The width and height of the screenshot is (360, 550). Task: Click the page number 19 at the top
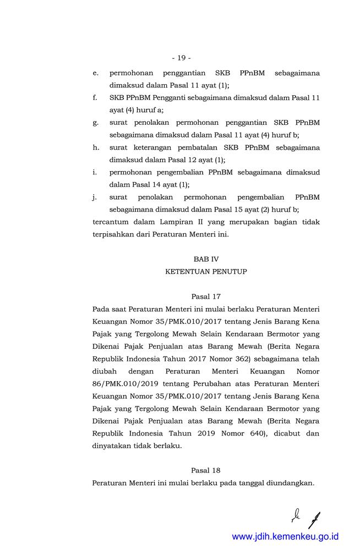[x=181, y=57]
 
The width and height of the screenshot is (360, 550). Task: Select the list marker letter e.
[x=96, y=73]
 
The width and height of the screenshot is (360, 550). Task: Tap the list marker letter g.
[x=96, y=122]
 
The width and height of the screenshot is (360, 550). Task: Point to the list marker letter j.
[x=95, y=197]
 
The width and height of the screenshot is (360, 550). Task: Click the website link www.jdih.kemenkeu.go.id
[x=285, y=537]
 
